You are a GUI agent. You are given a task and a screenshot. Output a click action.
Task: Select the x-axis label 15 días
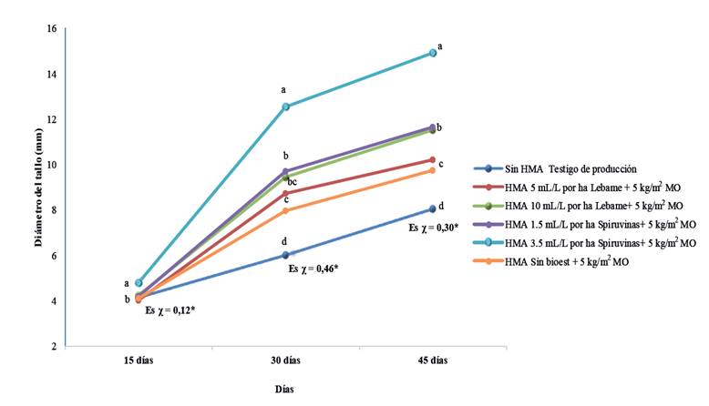(x=138, y=361)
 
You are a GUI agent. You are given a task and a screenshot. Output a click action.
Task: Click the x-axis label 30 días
(x=286, y=361)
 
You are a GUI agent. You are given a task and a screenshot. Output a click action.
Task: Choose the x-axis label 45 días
(x=433, y=361)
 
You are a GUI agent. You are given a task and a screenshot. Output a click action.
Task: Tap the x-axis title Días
(x=285, y=389)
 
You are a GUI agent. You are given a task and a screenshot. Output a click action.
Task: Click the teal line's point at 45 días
(x=433, y=53)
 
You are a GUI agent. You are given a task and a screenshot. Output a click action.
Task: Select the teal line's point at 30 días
(x=286, y=107)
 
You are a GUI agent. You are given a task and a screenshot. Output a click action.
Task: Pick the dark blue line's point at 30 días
(x=286, y=255)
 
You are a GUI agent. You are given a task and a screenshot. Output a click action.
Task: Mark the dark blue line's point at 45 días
(x=433, y=208)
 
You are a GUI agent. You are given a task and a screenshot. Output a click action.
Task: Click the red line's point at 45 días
(x=433, y=159)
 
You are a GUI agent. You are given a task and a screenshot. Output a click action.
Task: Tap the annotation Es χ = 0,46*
(x=313, y=269)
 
